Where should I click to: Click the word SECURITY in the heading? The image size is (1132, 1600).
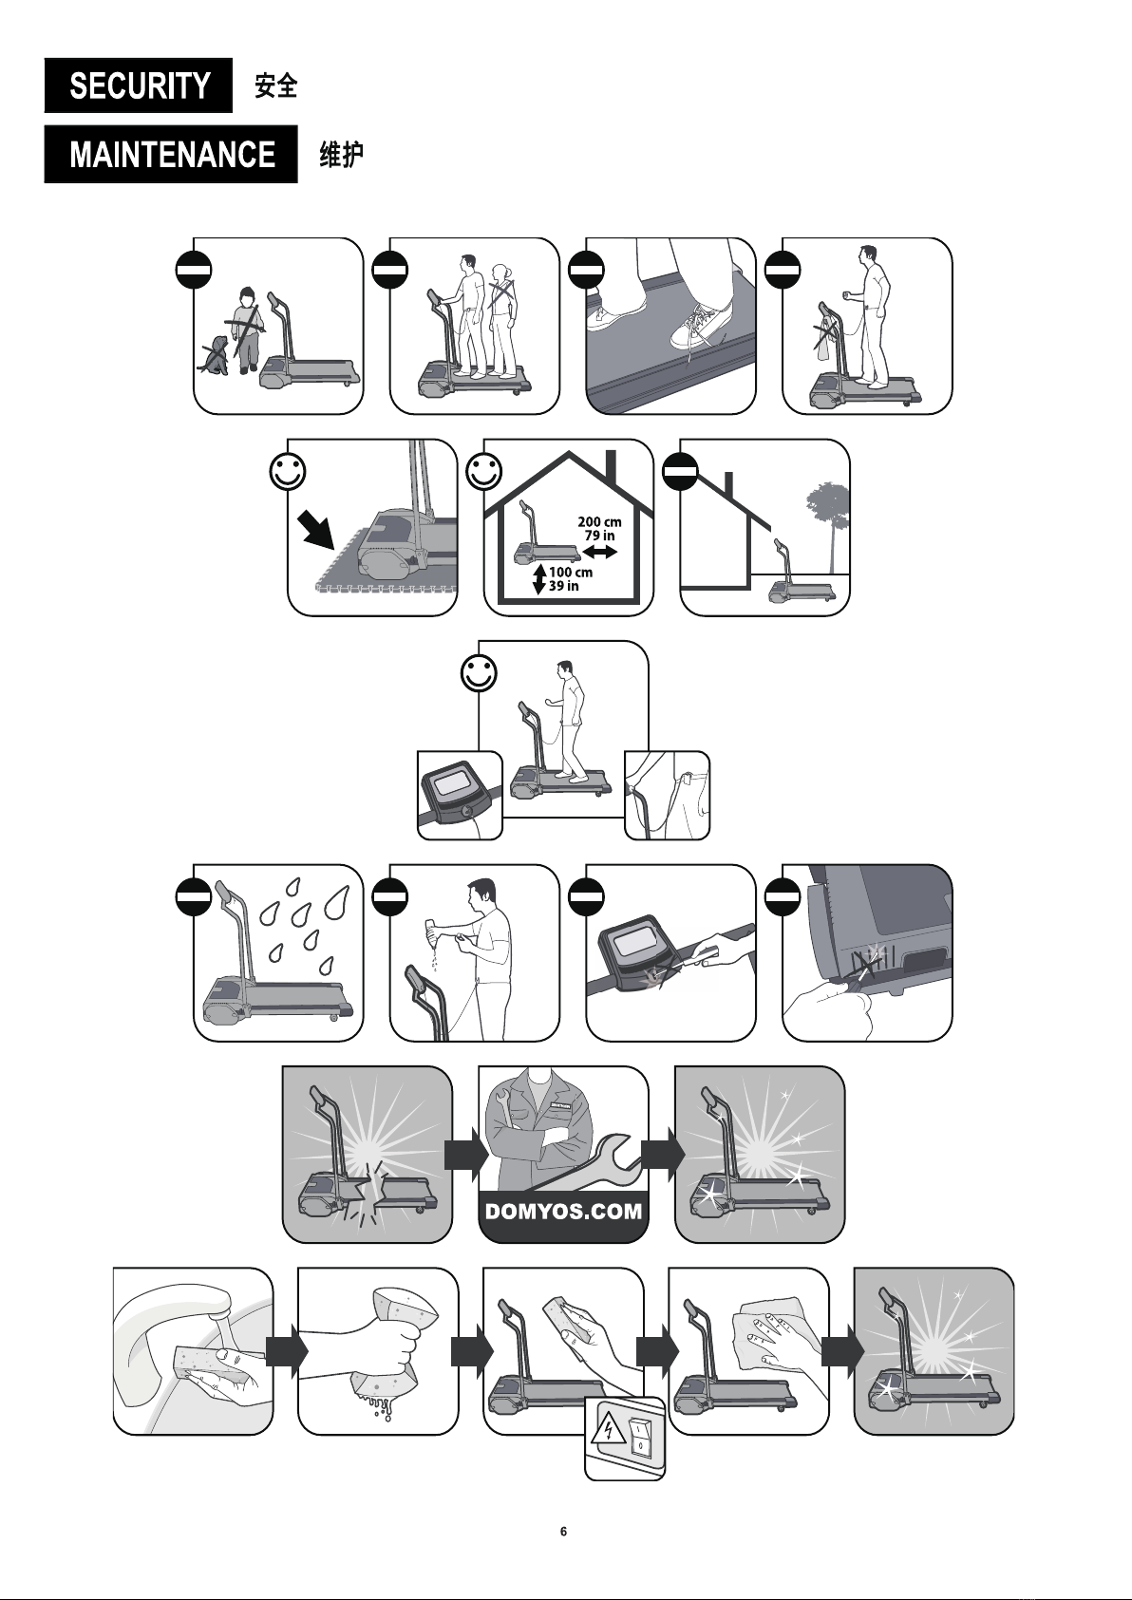140,85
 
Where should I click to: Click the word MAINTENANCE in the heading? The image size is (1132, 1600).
172,154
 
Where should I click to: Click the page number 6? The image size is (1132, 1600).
563,1531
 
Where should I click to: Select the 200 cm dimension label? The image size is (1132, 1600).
599,522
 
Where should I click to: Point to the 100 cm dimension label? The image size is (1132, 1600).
571,573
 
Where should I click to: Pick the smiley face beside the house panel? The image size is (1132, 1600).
484,471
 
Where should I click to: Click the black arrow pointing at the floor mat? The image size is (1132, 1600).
318,529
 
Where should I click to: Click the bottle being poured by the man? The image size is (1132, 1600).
433,932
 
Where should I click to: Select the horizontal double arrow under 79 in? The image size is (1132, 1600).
600,552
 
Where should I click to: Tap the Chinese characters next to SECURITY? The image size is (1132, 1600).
275,85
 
